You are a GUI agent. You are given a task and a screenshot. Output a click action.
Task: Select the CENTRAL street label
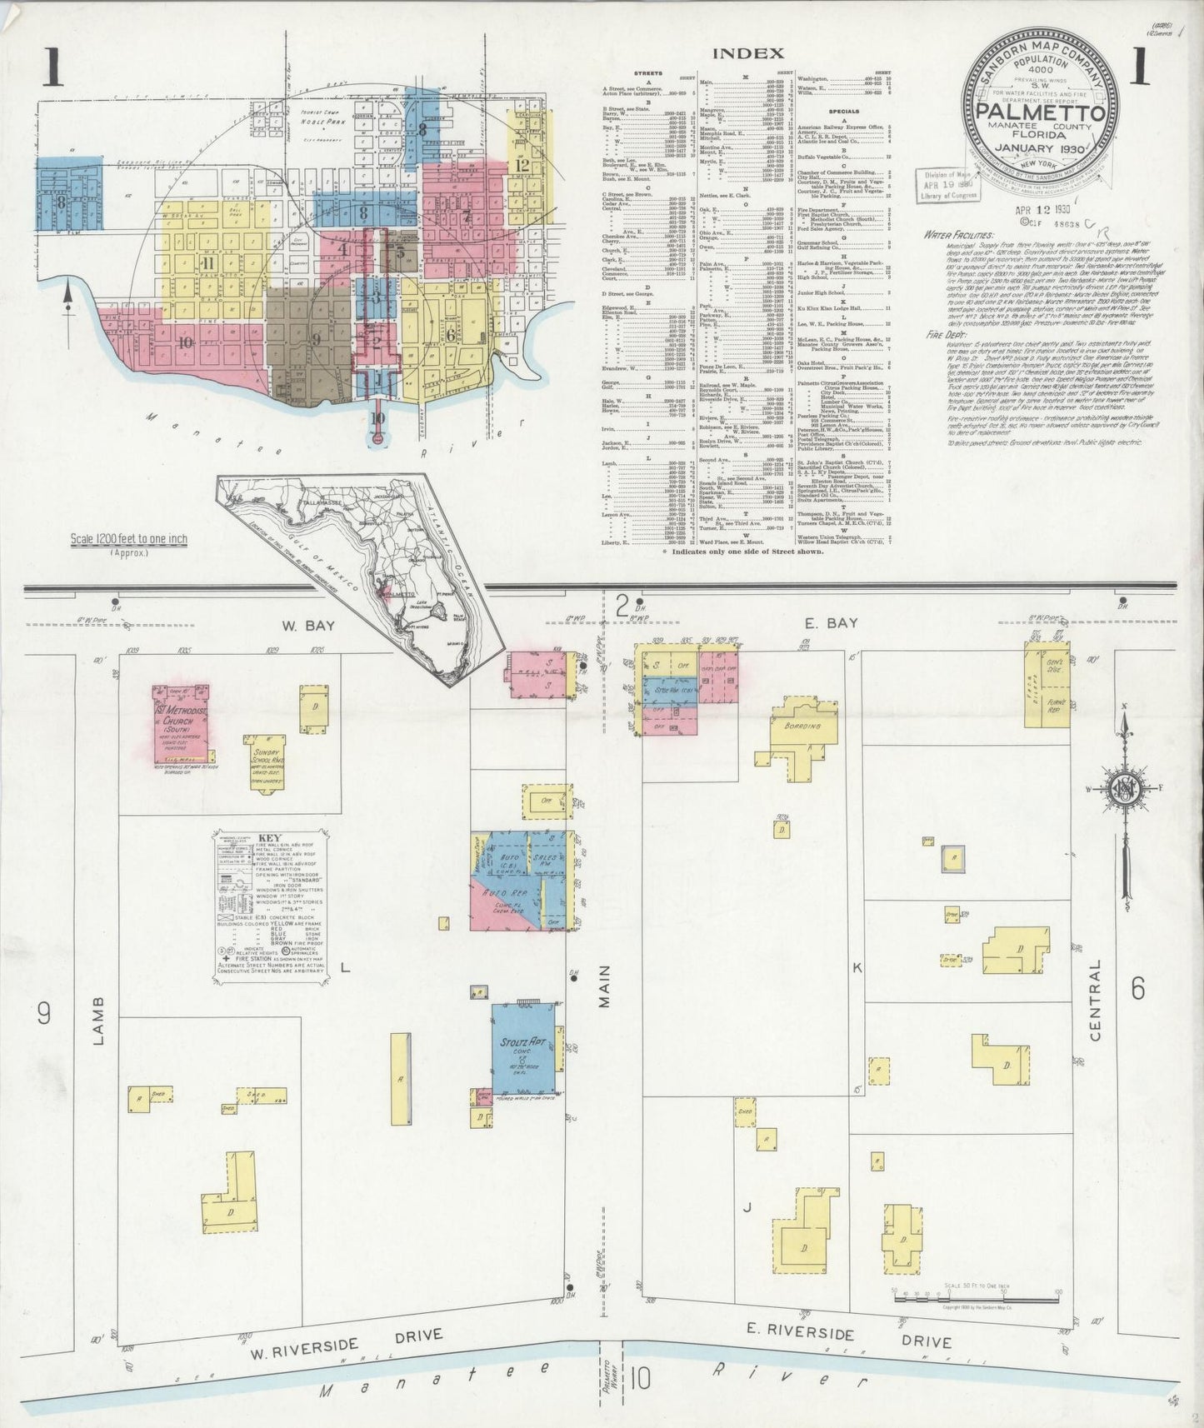[x=1094, y=999]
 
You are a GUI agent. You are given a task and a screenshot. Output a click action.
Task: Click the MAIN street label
[x=605, y=986]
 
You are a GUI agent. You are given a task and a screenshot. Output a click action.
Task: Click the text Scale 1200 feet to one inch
[x=128, y=540]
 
